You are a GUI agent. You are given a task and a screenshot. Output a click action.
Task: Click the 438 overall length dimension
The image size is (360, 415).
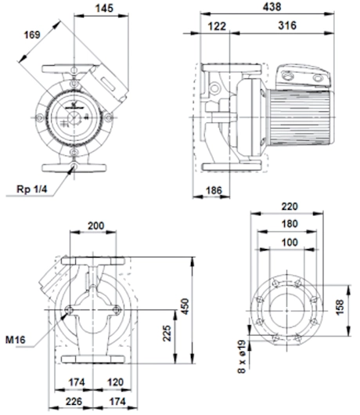pos(272,7)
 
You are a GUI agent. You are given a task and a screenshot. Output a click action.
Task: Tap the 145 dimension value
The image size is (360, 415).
pos(104,8)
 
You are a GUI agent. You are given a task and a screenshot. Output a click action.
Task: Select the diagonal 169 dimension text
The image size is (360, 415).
pos(32,35)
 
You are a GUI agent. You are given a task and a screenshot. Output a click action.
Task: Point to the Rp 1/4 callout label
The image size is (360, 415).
pos(32,189)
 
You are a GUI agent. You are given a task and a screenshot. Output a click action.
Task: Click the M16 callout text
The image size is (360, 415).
pos(16,340)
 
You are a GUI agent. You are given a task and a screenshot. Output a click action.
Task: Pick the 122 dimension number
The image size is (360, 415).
pos(217,26)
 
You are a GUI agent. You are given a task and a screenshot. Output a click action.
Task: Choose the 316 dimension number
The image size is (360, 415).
pos(287,25)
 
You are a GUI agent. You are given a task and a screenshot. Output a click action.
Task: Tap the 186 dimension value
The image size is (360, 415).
pos(214,190)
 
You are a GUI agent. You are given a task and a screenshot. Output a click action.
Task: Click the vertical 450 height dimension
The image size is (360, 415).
pos(186,306)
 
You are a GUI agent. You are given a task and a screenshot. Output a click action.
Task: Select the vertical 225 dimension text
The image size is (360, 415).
pos(167,334)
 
